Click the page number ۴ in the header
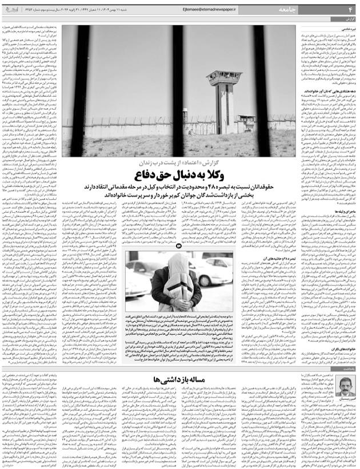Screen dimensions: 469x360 [x=350, y=10]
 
